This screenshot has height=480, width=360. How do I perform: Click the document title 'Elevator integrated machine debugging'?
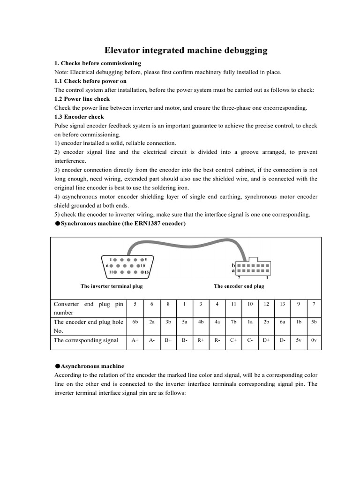[185, 50]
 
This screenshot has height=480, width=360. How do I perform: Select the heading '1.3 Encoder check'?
[79, 117]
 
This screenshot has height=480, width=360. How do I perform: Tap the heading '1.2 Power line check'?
[82, 99]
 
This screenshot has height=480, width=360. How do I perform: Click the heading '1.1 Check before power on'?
[90, 81]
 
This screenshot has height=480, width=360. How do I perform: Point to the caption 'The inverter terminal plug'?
[112, 286]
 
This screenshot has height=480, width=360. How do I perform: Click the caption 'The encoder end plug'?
[239, 286]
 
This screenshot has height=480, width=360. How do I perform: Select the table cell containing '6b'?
[135, 322]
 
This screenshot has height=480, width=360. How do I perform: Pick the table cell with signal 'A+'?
[135, 340]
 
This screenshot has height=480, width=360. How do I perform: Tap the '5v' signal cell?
[299, 340]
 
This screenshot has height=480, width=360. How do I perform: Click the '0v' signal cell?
[314, 340]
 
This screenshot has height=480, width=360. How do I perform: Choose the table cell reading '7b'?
[233, 322]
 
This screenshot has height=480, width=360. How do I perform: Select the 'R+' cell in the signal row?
[201, 340]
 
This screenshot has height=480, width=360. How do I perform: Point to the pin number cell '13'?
[282, 304]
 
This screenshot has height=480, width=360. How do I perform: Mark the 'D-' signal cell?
[282, 340]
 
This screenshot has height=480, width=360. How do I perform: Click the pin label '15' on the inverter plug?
[146, 272]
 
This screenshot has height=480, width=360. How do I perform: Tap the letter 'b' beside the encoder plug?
[233, 265]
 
